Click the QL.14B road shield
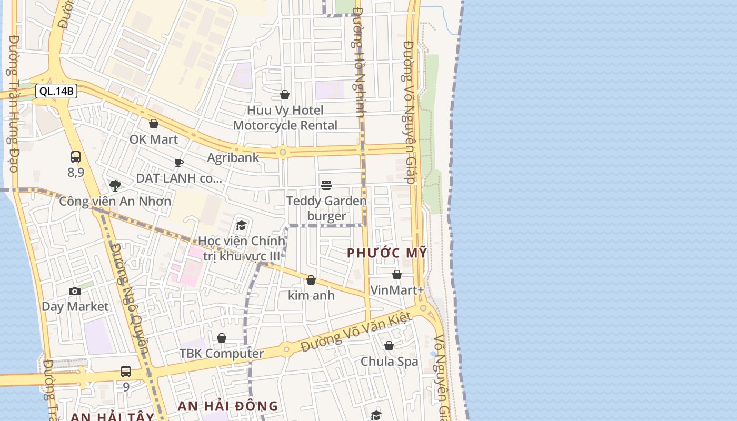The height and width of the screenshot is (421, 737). click(x=57, y=91)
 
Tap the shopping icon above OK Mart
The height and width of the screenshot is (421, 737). click(x=154, y=124)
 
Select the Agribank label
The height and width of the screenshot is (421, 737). click(x=233, y=157)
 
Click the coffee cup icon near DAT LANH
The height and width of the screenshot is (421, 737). click(x=179, y=163)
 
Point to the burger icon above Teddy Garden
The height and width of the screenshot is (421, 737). click(x=326, y=185)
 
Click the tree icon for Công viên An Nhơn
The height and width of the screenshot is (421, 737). click(x=115, y=185)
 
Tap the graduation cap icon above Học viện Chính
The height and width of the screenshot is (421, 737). click(x=241, y=226)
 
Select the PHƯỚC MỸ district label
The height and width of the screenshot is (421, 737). click(x=387, y=253)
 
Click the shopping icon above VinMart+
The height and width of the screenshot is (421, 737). click(x=397, y=275)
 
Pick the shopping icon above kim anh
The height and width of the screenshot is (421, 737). click(x=311, y=280)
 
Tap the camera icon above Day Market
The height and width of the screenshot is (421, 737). click(x=75, y=291)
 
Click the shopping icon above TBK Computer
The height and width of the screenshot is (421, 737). click(x=222, y=338)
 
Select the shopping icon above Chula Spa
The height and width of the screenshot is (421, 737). click(x=389, y=346)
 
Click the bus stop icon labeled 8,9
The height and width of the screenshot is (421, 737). click(x=76, y=157)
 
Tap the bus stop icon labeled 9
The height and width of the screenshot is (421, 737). click(x=126, y=372)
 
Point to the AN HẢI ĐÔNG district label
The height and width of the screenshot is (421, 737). click(x=227, y=406)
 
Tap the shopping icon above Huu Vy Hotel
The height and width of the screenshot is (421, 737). click(x=285, y=95)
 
